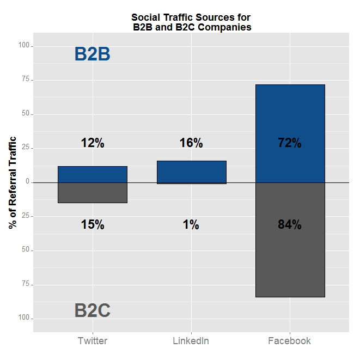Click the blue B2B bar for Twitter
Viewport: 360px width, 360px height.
(93, 174)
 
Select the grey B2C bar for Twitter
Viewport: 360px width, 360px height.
(93, 193)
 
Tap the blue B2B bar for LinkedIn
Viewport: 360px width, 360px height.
(191, 172)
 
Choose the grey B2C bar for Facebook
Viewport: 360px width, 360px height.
(290, 261)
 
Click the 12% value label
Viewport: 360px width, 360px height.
(93, 143)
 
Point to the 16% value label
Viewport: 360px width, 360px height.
(191, 143)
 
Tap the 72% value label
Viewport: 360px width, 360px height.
(290, 143)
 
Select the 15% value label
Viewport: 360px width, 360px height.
(93, 224)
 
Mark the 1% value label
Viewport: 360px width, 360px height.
(191, 224)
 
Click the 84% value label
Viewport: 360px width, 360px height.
(290, 224)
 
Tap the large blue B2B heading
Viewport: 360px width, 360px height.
(93, 54)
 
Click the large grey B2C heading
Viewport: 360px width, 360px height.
(93, 310)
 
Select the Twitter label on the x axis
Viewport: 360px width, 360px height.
(93, 341)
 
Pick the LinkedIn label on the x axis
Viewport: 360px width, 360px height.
(191, 341)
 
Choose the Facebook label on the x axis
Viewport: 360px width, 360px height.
(290, 341)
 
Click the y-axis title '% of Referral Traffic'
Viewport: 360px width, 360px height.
(13, 182)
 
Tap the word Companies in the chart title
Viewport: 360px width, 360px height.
(227, 27)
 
